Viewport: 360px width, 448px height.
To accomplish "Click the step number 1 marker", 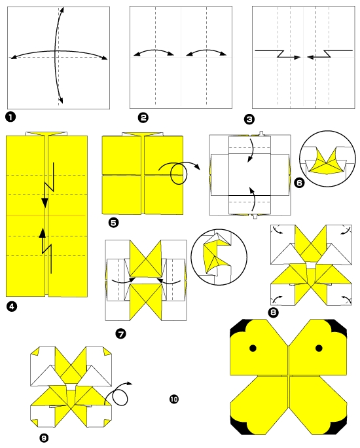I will pyautogui.click(x=10, y=117).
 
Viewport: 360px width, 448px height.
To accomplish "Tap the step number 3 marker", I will pyautogui.click(x=249, y=119).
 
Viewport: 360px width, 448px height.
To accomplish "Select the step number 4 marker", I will pyautogui.click(x=10, y=305).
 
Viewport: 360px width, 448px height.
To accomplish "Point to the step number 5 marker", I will pyautogui.click(x=113, y=223).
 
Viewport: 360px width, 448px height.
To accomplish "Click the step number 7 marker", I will pyautogui.click(x=120, y=333).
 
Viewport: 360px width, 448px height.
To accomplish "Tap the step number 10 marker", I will pyautogui.click(x=173, y=399).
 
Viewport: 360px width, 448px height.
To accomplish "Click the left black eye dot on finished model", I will pyautogui.click(x=253, y=348).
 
